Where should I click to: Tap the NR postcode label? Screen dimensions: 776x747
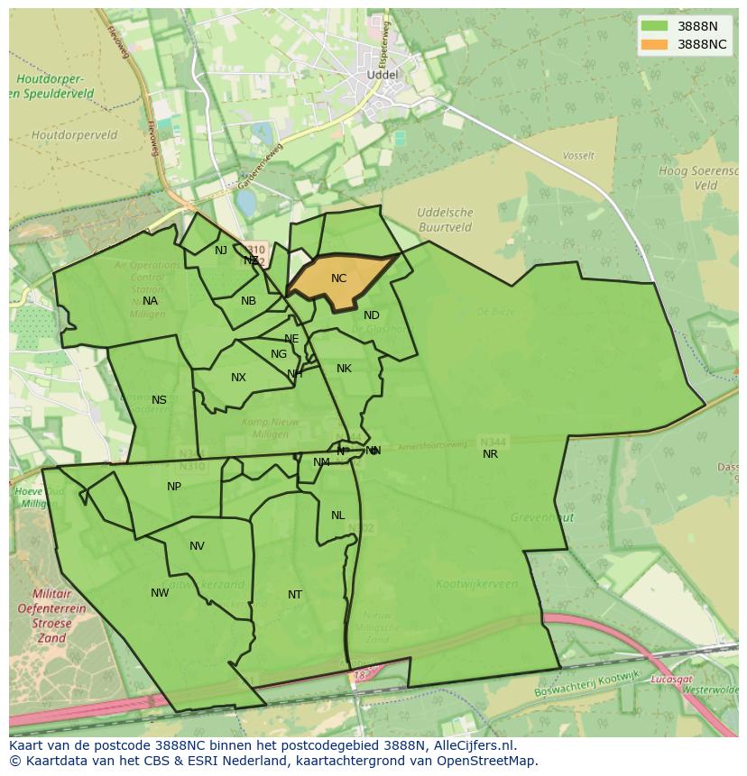tap(490, 454)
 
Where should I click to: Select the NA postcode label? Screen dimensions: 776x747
tap(150, 301)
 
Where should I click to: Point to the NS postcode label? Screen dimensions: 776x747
tap(159, 400)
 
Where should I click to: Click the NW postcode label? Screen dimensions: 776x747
tap(160, 593)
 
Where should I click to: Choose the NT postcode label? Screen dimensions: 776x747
tap(295, 595)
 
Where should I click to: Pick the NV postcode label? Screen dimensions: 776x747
tap(197, 546)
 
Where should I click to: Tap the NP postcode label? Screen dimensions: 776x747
tap(174, 487)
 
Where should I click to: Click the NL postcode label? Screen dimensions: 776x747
tap(337, 516)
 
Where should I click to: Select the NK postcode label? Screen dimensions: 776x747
tap(344, 369)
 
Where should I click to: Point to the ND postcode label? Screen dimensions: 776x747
tap(372, 315)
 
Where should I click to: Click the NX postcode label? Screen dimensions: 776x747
tap(238, 378)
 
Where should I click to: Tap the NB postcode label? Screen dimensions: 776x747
tap(248, 301)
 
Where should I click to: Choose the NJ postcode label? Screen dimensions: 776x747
tap(221, 251)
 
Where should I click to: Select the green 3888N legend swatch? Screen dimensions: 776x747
tap(655, 26)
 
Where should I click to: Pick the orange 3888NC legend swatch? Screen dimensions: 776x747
tap(655, 44)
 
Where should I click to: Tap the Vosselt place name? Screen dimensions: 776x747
tap(578, 156)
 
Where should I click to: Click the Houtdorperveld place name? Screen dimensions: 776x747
tap(74, 135)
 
